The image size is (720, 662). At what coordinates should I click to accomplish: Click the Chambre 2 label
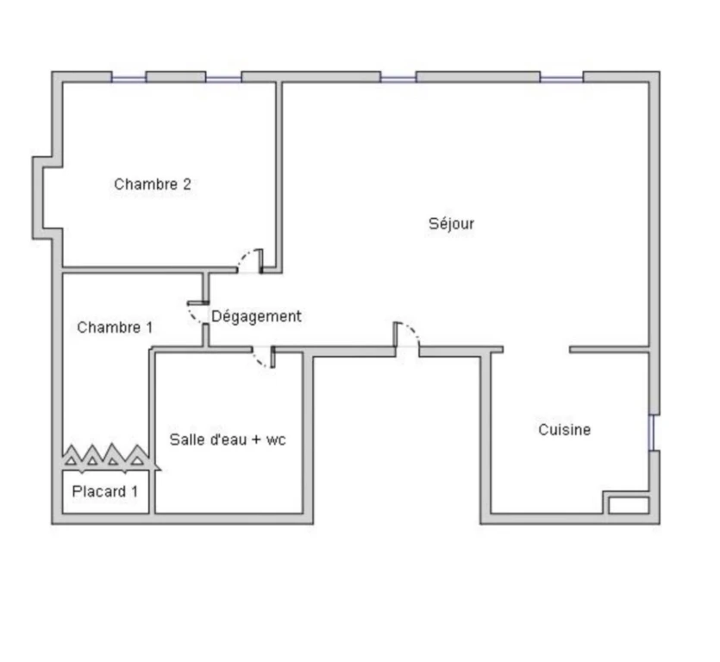pos(153,184)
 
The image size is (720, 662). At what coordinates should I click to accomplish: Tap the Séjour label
pos(451,224)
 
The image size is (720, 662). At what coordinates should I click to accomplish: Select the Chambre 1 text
pos(115,328)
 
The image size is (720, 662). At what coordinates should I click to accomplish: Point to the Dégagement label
pos(256,316)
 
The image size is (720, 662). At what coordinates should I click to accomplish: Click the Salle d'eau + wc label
pos(228,440)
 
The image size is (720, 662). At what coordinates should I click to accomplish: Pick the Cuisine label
pos(564,430)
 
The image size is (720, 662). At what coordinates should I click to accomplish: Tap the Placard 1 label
pos(105,491)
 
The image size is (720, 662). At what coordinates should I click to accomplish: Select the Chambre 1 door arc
pos(193,315)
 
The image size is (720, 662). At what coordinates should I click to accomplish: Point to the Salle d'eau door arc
pos(260,361)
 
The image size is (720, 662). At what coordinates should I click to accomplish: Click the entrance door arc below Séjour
pos(412,330)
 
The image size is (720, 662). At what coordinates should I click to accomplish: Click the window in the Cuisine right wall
pos(651,433)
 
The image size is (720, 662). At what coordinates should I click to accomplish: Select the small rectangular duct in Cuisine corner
pos(629,505)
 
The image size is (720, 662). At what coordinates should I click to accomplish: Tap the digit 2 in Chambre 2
pos(187,184)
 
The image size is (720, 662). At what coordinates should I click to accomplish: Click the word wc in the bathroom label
pos(276,440)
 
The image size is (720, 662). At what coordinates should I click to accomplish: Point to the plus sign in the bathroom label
pos(256,440)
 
